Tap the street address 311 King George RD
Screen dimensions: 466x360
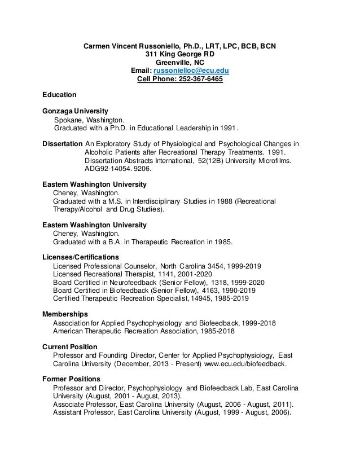[180, 54]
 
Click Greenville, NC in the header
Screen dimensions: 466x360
[180, 62]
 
